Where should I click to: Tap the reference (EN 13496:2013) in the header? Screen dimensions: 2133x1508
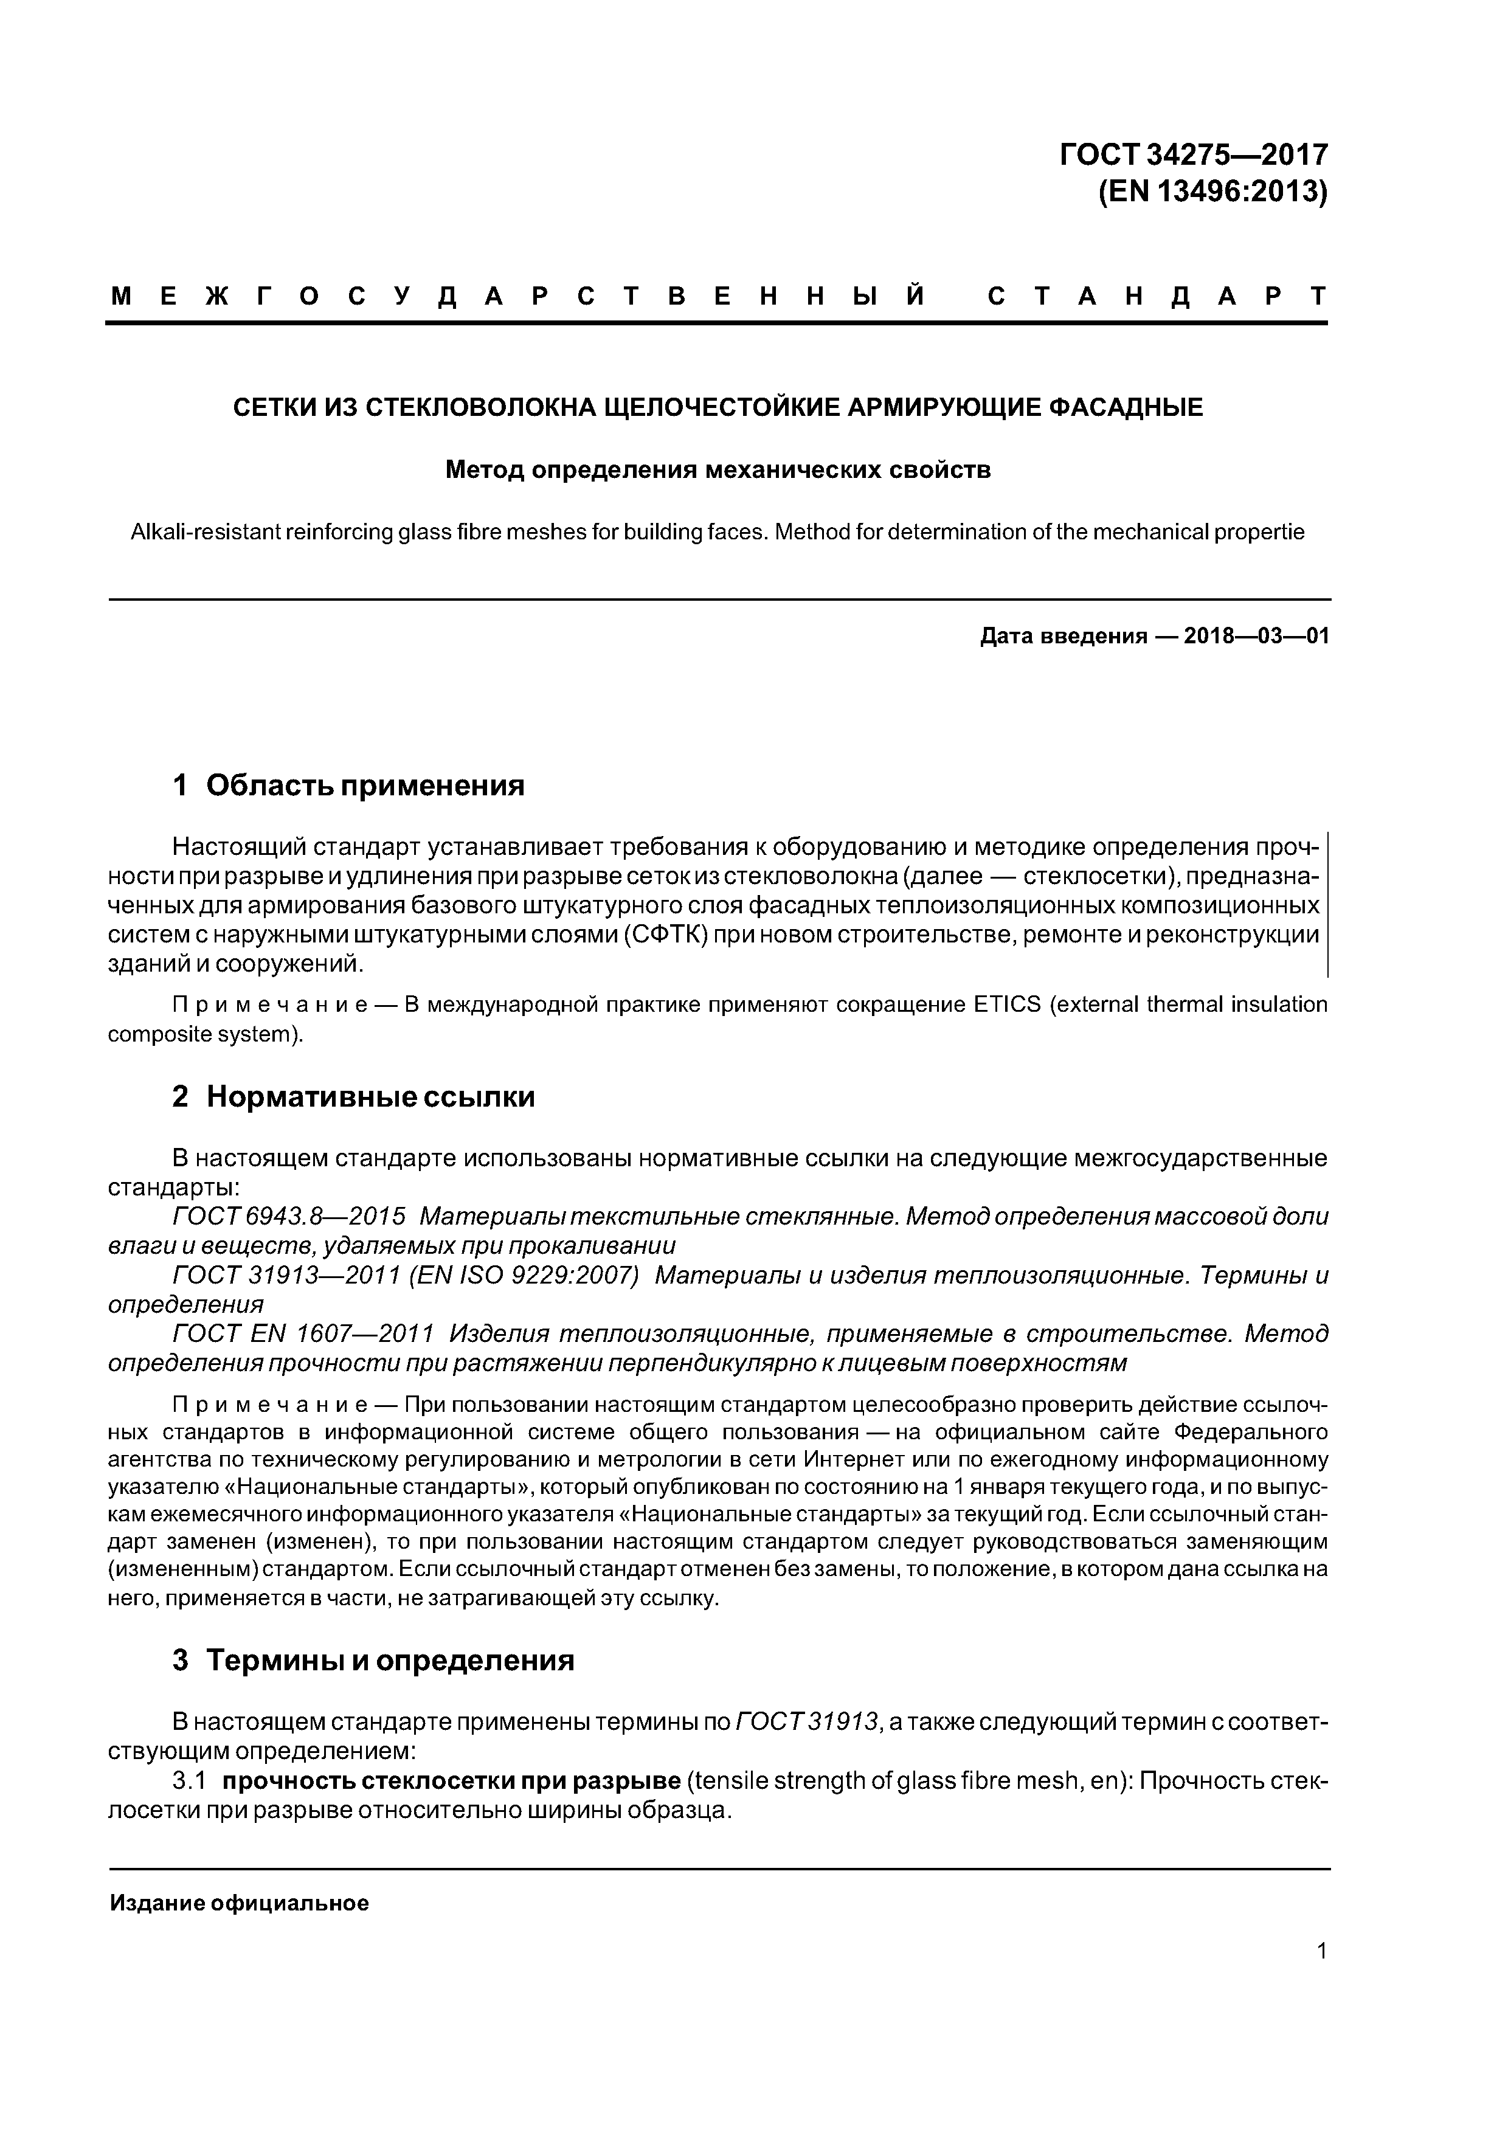[x=1212, y=192]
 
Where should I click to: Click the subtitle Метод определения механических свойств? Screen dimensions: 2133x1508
[x=718, y=470]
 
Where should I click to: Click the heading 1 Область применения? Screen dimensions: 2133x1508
[x=348, y=786]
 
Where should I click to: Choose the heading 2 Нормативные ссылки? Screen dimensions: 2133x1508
[x=353, y=1097]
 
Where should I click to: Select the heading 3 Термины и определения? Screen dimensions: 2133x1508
[x=373, y=1660]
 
